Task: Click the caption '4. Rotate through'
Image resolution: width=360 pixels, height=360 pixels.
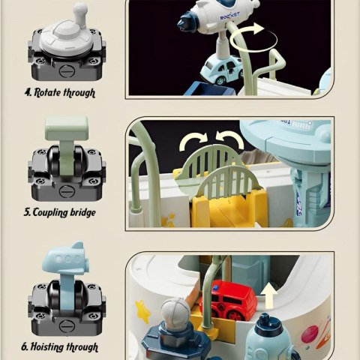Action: [60, 93]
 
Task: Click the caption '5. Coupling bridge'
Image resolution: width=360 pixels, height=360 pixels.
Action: [60, 213]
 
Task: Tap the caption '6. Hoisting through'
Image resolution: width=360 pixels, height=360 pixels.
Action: [59, 347]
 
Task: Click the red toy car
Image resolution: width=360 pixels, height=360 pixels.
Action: [228, 301]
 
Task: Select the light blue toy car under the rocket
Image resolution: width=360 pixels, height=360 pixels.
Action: [222, 70]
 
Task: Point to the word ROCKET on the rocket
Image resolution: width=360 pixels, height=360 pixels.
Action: [229, 16]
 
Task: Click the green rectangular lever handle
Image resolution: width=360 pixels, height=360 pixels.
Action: [67, 127]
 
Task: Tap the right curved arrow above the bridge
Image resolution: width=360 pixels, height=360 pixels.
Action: [230, 142]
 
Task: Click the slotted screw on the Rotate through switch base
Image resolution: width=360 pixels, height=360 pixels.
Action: [67, 71]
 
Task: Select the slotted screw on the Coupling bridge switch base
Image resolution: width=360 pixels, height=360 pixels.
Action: [67, 191]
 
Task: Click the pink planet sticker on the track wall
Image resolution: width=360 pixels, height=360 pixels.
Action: [309, 335]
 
